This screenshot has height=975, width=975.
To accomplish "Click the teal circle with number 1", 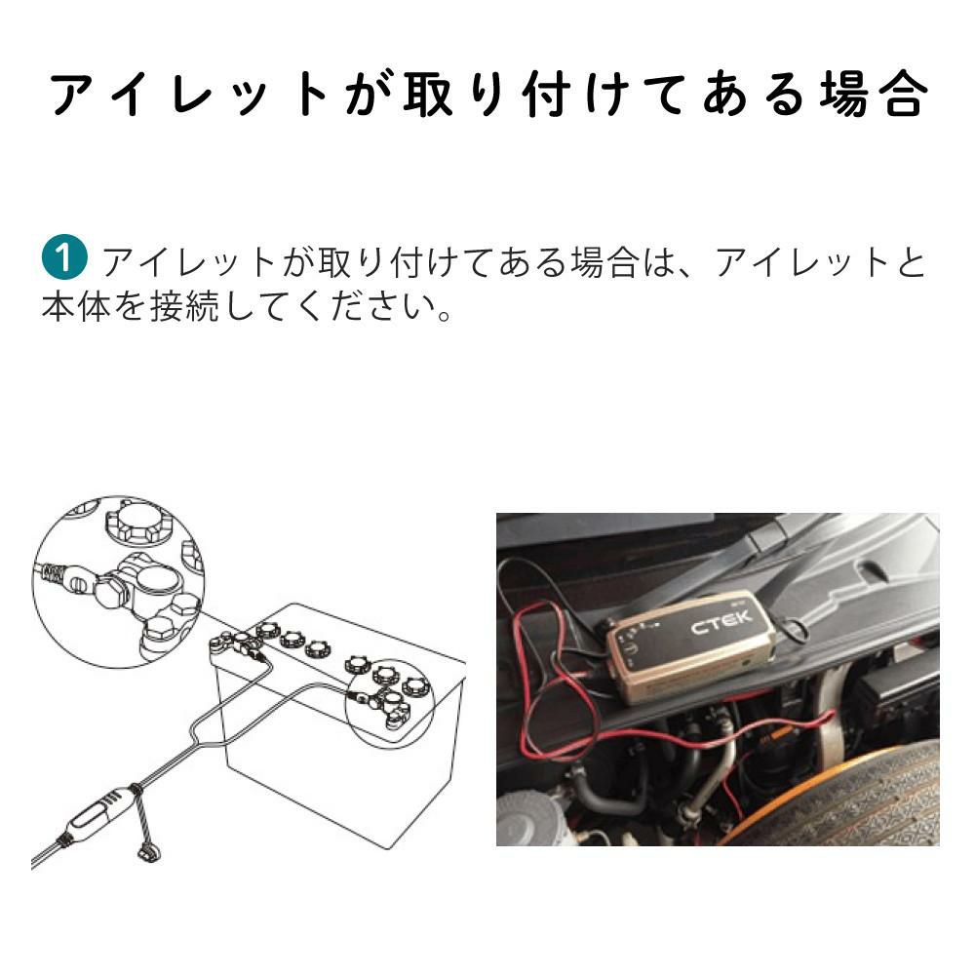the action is click(64, 260).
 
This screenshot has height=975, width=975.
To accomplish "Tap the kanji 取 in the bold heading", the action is click(427, 96).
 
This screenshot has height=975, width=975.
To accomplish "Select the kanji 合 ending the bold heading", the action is click(902, 96).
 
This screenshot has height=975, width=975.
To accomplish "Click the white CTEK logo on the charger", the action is click(721, 621).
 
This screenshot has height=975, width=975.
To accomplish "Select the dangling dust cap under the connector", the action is click(149, 850).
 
